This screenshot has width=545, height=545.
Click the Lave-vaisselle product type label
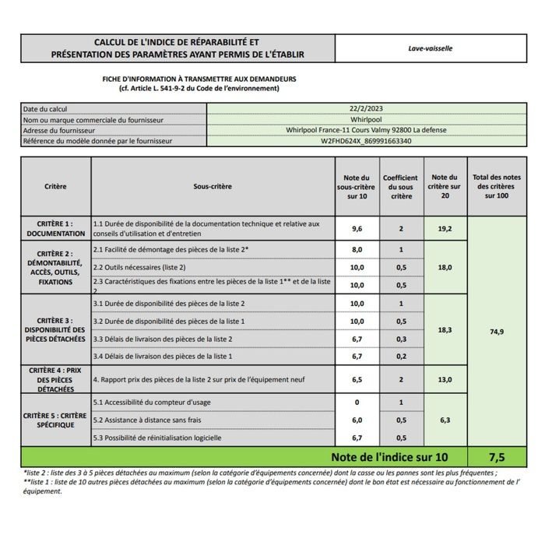430,47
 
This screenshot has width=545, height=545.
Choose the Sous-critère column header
213,187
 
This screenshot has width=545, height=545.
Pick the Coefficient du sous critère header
400,187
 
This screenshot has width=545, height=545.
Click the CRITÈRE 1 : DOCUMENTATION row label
55,228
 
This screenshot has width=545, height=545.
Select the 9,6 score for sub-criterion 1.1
357,229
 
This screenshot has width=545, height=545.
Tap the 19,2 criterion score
445,229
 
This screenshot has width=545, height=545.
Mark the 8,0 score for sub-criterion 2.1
357,249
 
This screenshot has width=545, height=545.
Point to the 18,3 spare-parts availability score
445,329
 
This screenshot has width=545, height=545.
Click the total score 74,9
498,332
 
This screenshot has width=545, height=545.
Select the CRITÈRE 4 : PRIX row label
55,379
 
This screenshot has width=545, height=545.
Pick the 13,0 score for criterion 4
445,379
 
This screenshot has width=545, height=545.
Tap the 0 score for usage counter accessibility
357,402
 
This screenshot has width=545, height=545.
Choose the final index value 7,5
498,456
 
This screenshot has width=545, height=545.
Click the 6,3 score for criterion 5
445,420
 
